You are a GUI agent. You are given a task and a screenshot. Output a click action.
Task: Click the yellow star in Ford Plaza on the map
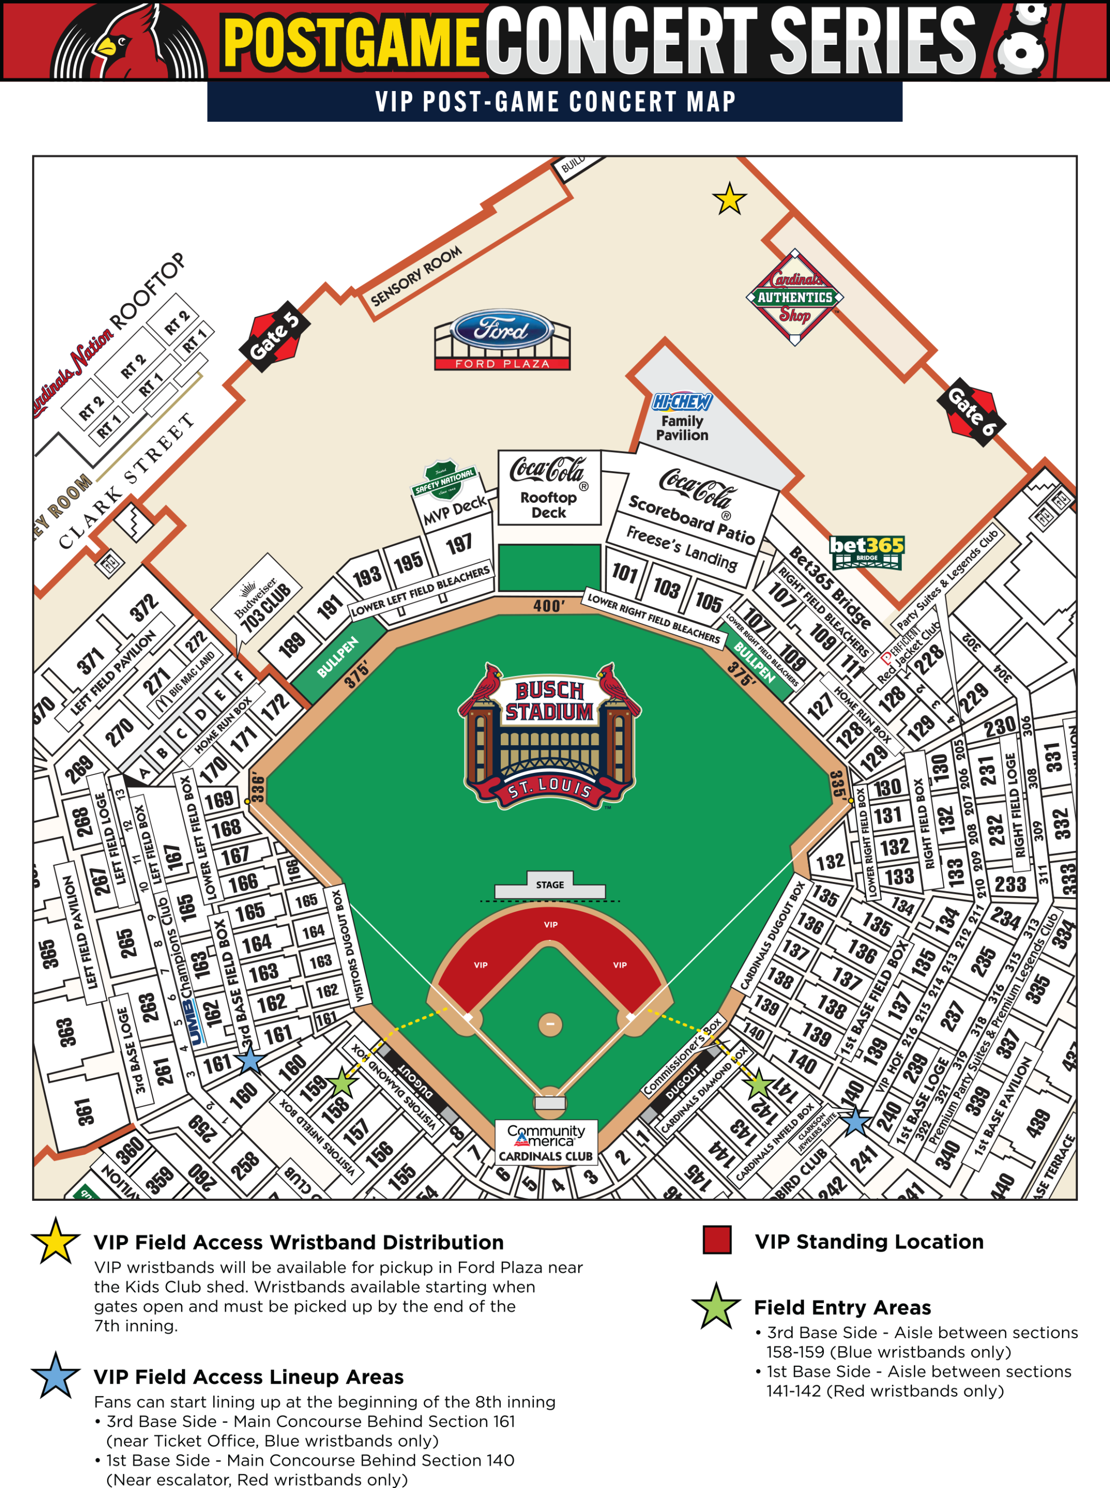point(729,199)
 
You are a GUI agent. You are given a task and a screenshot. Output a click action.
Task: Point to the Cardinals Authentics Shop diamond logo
point(795,297)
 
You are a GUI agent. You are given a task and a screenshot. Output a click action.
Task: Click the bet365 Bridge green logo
point(866,552)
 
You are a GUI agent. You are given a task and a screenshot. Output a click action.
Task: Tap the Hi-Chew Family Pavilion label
point(682,418)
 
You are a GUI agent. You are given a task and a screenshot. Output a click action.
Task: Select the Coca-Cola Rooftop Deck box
point(549,487)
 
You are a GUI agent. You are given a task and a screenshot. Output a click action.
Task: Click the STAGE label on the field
point(549,885)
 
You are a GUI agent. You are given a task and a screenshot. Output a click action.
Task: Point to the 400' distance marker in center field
point(549,605)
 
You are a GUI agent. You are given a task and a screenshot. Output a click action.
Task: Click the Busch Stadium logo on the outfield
point(549,736)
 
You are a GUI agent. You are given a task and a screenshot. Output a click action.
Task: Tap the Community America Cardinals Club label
point(545,1143)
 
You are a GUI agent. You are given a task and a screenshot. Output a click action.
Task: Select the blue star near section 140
point(856,1122)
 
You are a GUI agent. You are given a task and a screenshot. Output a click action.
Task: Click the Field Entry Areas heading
point(842,1307)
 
